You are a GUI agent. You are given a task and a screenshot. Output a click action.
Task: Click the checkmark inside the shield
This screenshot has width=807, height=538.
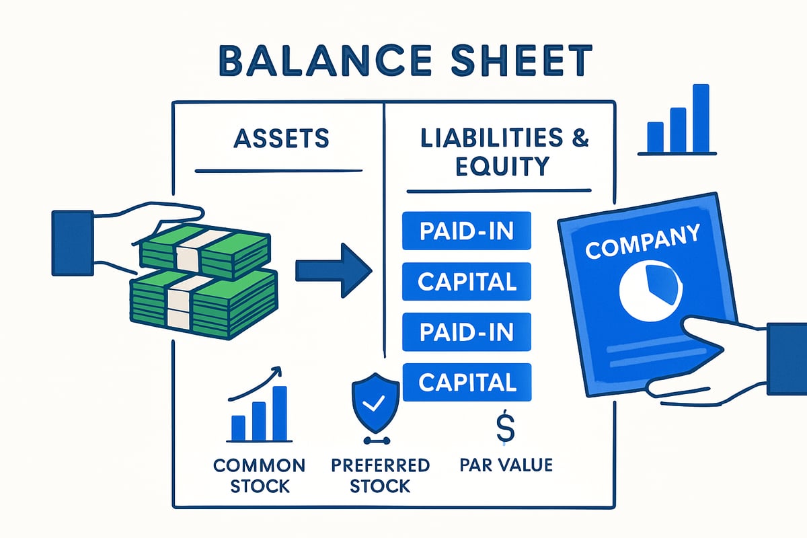pos(375,403)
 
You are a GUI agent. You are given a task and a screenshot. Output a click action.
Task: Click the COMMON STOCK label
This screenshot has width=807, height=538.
pos(259,475)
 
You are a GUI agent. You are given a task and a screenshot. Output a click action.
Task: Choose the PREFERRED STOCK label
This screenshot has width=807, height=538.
pos(380,475)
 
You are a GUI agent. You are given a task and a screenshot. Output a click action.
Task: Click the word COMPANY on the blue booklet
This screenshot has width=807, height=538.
pos(642,242)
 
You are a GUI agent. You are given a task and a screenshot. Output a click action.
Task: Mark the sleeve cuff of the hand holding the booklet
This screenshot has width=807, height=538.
pos(786,358)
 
